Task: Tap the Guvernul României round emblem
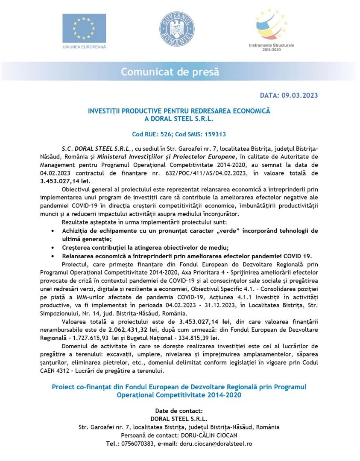(176, 29)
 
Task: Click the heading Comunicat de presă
(170, 72)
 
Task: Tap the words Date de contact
(179, 410)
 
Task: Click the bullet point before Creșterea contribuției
(52, 248)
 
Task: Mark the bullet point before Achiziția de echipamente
(52, 231)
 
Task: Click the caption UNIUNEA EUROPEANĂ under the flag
(84, 46)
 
